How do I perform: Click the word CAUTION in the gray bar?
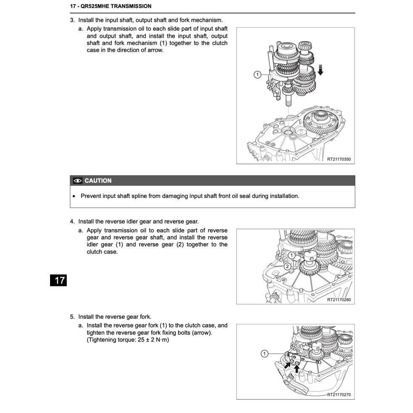tap(98, 181)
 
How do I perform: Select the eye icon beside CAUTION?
tap(77, 181)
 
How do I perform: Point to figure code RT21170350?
tap(339, 159)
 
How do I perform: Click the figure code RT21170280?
tap(339, 300)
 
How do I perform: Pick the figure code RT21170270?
tap(339, 395)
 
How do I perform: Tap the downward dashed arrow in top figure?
tap(320, 69)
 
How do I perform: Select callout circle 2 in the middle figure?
tap(287, 266)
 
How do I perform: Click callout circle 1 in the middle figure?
tap(291, 255)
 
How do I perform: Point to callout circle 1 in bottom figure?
tap(264, 353)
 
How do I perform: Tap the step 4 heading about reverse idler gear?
tap(134, 221)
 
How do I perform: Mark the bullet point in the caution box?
tap(74, 196)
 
